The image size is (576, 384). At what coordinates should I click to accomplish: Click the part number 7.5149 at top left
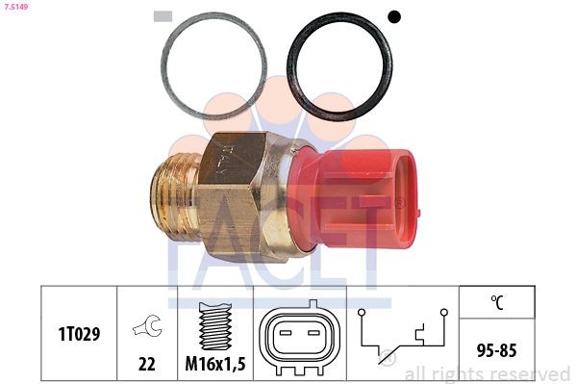pos(15,8)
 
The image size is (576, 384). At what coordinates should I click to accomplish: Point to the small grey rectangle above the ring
pos(163,15)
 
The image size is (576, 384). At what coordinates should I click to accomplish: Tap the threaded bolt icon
pos(215,323)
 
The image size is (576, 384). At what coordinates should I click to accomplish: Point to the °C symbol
pos(497,302)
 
